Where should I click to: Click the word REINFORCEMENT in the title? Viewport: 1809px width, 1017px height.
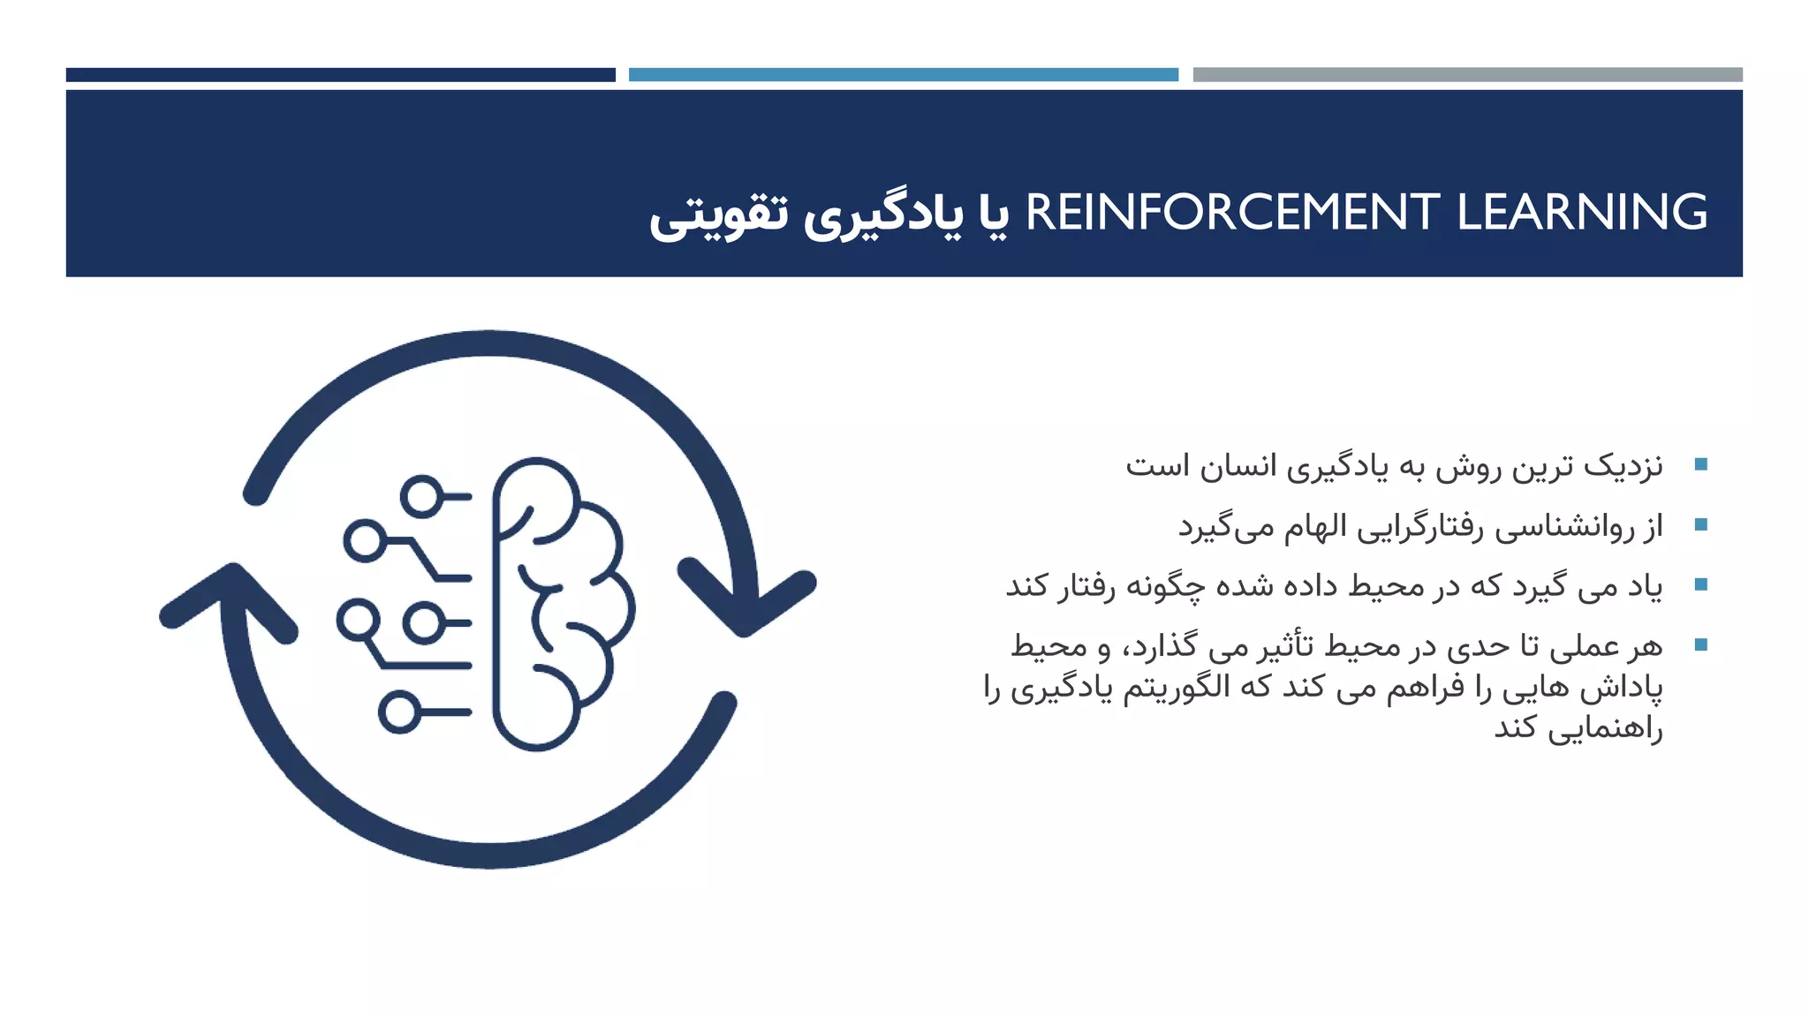pyautogui.click(x=1232, y=214)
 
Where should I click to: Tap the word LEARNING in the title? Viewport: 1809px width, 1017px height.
pyautogui.click(x=1582, y=214)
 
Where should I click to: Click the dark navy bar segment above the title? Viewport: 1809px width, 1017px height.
pyautogui.click(x=340, y=75)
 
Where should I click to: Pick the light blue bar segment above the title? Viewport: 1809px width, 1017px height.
pyautogui.click(x=903, y=75)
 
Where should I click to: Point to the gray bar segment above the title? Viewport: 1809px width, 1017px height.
pyautogui.click(x=1467, y=75)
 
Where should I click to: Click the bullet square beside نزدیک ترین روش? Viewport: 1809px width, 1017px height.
pyautogui.click(x=1700, y=464)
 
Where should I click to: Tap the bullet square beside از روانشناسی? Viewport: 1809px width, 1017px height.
pyautogui.click(x=1700, y=524)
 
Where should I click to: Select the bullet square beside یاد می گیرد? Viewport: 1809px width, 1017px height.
pyautogui.click(x=1700, y=584)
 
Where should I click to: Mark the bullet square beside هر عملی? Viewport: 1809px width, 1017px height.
pyautogui.click(x=1700, y=644)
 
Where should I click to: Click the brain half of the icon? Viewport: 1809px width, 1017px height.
pyautogui.click(x=561, y=604)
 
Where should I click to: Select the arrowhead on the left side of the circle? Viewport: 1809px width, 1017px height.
pyautogui.click(x=230, y=600)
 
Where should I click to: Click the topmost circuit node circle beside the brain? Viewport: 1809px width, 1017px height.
pyautogui.click(x=421, y=496)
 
